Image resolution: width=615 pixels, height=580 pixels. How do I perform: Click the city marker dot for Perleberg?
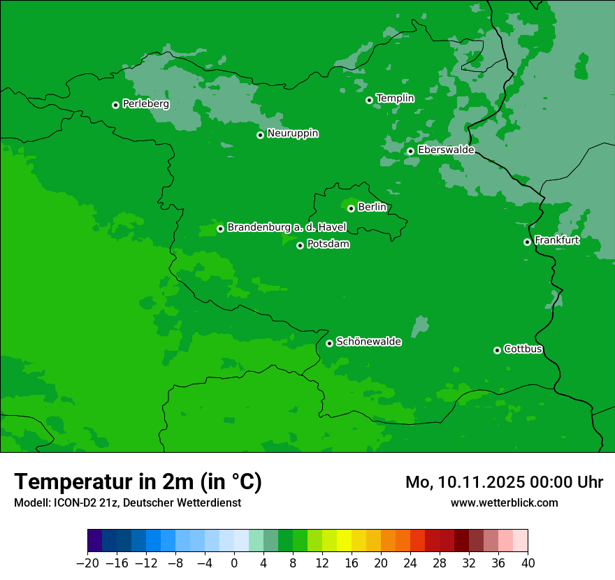115,105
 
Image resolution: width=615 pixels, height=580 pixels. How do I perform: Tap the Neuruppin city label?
293,133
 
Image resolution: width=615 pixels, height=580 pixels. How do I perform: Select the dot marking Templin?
369,100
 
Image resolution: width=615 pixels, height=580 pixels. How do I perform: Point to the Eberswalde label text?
446,150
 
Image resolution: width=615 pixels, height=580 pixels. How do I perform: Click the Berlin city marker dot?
351,208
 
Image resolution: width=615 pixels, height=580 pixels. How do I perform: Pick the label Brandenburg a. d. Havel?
287,228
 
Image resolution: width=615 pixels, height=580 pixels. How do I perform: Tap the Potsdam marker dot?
300,245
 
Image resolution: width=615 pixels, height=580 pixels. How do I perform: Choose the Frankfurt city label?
557,240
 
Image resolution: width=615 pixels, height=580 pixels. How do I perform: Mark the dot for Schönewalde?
329,343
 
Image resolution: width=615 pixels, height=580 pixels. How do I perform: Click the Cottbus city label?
523,349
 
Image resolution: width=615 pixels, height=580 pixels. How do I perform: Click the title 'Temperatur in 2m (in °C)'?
138,481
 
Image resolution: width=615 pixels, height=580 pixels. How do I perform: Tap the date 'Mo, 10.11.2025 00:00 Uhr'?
504,482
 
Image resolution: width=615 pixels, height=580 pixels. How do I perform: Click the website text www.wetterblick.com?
504,503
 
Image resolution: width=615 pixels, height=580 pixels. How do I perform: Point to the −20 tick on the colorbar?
88,563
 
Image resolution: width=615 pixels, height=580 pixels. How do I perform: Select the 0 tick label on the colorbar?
234,563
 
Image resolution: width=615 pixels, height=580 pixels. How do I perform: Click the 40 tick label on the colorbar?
528,563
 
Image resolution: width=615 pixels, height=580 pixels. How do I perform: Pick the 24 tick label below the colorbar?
410,563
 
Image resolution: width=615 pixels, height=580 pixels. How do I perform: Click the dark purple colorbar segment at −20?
95,541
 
